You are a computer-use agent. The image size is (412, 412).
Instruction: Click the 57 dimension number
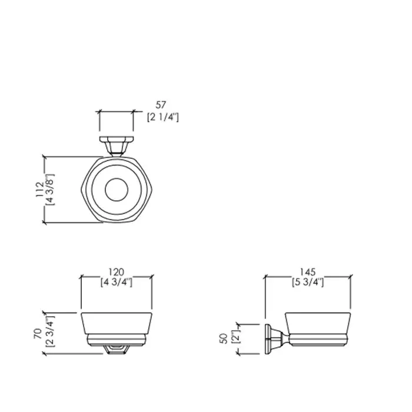coord(161,105)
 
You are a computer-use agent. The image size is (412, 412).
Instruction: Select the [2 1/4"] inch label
coord(163,117)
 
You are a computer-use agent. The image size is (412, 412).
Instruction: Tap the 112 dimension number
coord(40,190)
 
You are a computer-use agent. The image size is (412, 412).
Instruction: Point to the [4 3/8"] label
coord(50,190)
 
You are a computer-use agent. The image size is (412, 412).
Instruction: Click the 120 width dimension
coord(117,272)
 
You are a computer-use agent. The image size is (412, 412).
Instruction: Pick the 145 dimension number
coord(308,272)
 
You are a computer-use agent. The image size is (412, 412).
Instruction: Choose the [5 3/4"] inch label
coord(308,282)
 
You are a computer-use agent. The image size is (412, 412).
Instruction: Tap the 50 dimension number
coord(224,338)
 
